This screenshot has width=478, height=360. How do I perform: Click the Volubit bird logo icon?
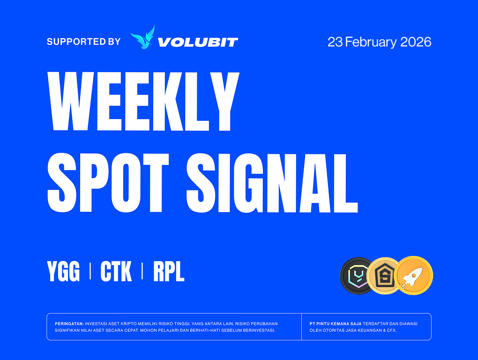pyautogui.click(x=142, y=37)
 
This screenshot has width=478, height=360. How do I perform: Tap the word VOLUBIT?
pyautogui.click(x=198, y=42)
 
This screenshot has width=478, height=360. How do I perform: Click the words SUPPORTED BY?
pyautogui.click(x=83, y=41)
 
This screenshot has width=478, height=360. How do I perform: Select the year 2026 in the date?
pyautogui.click(x=416, y=42)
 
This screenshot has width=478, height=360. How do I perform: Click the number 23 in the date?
pyautogui.click(x=336, y=42)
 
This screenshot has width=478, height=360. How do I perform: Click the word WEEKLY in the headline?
pyautogui.click(x=143, y=101)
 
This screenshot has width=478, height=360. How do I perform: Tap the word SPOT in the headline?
pyautogui.click(x=108, y=183)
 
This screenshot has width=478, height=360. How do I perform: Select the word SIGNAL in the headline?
pyautogui.click(x=272, y=183)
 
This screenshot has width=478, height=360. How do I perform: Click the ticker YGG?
pyautogui.click(x=63, y=271)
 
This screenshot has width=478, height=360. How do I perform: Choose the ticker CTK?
pyautogui.click(x=116, y=271)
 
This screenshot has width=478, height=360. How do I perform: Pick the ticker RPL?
pyautogui.click(x=169, y=271)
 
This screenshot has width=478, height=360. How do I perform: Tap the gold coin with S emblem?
pyautogui.click(x=382, y=276)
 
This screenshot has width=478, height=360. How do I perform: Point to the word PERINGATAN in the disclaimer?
pyautogui.click(x=69, y=324)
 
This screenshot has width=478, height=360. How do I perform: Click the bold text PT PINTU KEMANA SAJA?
pyautogui.click(x=336, y=324)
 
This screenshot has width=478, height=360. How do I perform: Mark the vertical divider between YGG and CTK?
pyautogui.click(x=90, y=271)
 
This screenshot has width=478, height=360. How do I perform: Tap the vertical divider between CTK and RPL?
pyautogui.click(x=142, y=271)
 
